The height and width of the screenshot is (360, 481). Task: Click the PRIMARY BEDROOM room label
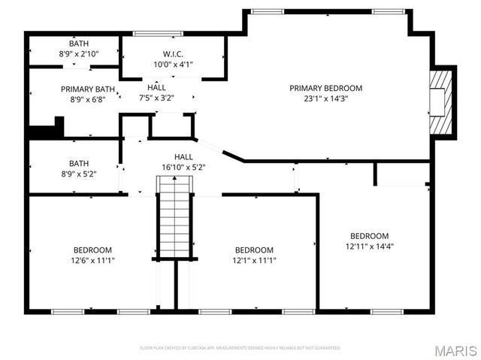point(325,88)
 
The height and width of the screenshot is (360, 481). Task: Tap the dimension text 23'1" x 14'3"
point(325,98)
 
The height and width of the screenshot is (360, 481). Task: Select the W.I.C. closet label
point(173,54)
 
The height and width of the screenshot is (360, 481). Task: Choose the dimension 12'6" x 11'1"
point(93,261)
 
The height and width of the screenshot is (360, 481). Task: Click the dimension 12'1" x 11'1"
point(254,261)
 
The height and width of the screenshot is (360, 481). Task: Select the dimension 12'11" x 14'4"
point(369,246)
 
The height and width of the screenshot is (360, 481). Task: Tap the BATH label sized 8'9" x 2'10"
point(78,54)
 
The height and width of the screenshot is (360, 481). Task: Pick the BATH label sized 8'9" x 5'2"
point(78,173)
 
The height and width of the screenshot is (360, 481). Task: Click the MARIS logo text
point(455,350)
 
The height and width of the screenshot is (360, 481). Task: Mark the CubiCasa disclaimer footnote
point(240,348)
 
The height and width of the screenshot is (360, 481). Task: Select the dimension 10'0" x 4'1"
point(173,64)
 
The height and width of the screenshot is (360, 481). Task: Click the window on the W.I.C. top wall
point(157,33)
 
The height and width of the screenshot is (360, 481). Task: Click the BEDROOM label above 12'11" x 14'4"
point(369,236)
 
